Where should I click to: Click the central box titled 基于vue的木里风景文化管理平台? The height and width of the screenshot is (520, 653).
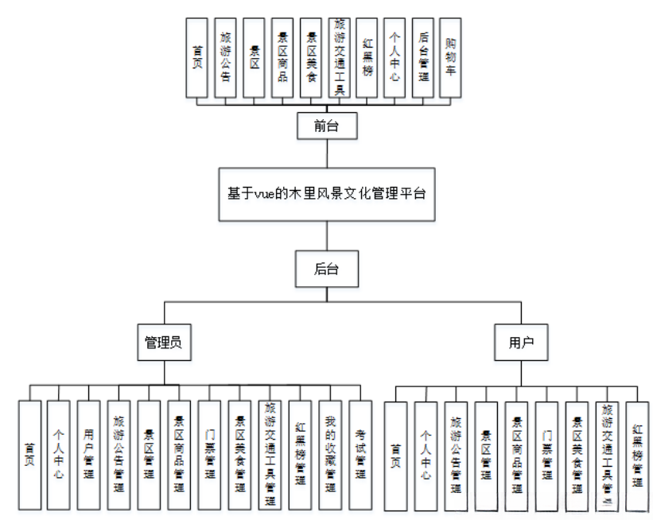(x=327, y=193)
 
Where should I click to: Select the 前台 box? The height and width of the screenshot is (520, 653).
(x=321, y=125)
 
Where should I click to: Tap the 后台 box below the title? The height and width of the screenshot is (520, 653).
(x=326, y=269)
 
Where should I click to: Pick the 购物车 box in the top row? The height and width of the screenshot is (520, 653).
(x=451, y=58)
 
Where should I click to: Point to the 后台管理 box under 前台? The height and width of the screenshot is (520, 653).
(x=423, y=58)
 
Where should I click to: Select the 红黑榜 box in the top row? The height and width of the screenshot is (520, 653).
(x=367, y=58)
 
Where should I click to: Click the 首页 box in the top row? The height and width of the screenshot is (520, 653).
(x=196, y=58)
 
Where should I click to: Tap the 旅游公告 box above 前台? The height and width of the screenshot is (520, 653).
(x=225, y=58)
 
